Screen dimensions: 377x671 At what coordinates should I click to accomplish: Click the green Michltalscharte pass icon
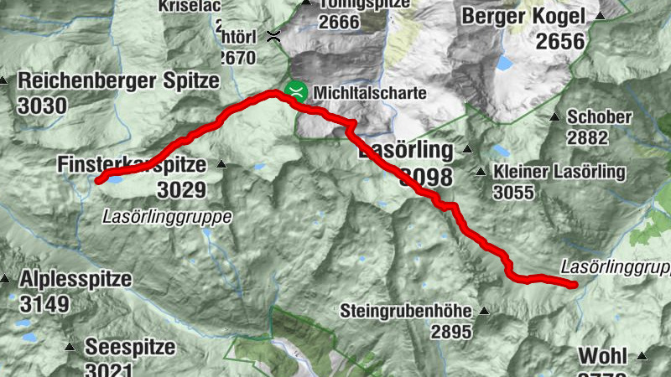[x=294, y=91]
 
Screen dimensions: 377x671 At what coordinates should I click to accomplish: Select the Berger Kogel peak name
[x=524, y=16]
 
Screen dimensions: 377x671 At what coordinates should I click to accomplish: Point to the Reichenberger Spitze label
[x=117, y=81]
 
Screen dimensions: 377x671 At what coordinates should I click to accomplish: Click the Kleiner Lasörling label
[x=559, y=173]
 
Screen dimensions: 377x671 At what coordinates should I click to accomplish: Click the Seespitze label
[x=130, y=346]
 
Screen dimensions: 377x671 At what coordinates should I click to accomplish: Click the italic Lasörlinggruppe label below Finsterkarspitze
[x=167, y=216]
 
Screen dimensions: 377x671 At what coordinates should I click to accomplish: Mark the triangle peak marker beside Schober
[x=554, y=117]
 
